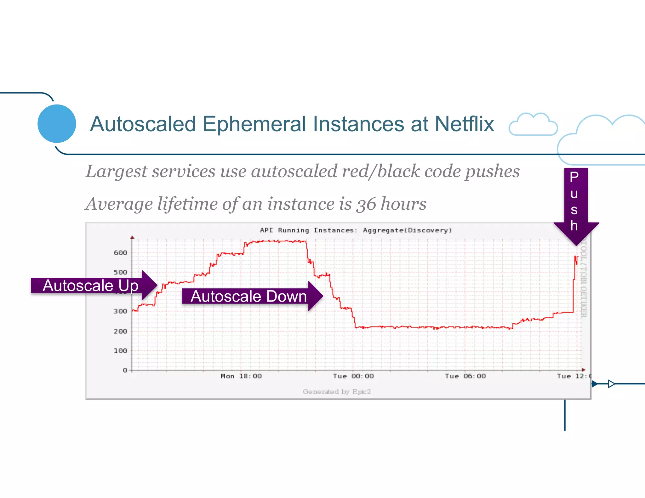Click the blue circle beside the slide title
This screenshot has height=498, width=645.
57,124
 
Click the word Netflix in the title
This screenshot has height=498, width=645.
464,124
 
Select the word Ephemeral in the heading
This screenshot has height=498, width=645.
254,124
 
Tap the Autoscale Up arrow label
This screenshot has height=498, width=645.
90,286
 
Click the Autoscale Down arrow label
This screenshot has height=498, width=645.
248,296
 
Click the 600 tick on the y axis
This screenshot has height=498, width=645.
120,253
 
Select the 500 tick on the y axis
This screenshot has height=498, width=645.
120,272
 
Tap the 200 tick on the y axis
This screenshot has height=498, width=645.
120,331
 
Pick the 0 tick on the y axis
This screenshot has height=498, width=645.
125,370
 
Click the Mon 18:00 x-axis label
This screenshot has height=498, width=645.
241,376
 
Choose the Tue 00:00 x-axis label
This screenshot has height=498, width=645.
353,376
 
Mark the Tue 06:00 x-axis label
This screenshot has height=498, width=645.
465,376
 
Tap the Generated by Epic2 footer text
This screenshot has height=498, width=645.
337,392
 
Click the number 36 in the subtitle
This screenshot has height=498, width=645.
366,204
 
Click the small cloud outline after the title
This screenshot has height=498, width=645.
533,125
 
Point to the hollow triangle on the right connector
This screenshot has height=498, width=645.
611,384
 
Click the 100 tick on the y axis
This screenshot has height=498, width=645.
120,351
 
